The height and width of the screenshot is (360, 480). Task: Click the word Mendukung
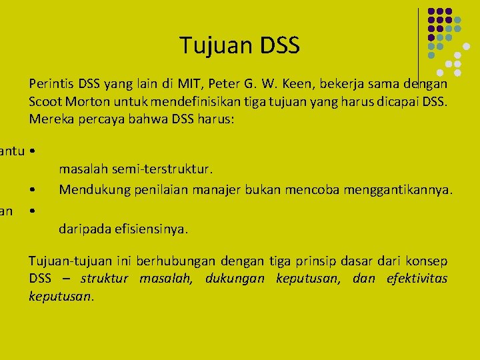[89, 190]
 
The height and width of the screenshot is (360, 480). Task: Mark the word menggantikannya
[398, 190]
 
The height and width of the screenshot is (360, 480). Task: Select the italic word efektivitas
[417, 279]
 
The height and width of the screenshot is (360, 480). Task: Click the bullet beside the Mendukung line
[32, 191]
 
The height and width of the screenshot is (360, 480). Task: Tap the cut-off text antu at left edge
[12, 152]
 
